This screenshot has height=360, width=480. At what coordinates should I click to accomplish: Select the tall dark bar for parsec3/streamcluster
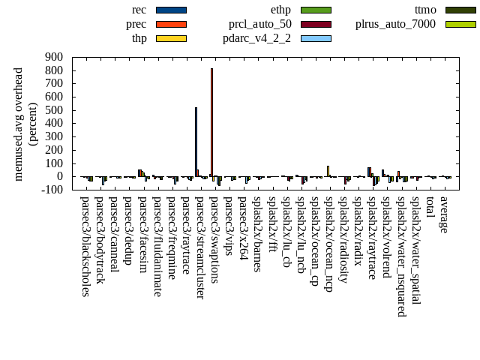(196, 142)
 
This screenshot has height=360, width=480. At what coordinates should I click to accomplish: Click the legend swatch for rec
(171, 10)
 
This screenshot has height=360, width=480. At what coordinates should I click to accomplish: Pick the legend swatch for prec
(171, 24)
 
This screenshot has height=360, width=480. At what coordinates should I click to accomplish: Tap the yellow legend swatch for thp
(171, 38)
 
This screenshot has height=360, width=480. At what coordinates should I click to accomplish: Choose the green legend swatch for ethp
(316, 10)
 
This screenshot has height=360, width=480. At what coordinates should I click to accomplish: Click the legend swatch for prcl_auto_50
(316, 24)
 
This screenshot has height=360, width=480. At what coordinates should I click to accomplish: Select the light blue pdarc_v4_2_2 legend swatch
(316, 38)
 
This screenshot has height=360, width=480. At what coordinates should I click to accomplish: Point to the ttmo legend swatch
(460, 10)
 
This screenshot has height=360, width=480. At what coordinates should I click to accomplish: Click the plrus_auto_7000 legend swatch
(460, 24)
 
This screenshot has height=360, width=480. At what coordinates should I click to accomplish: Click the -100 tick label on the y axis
(52, 190)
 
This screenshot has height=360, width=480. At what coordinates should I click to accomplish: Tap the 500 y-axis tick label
(54, 110)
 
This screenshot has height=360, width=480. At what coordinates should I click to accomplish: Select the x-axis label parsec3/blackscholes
(85, 235)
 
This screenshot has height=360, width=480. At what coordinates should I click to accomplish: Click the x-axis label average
(445, 214)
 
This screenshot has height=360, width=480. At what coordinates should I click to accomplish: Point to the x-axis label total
(430, 208)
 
